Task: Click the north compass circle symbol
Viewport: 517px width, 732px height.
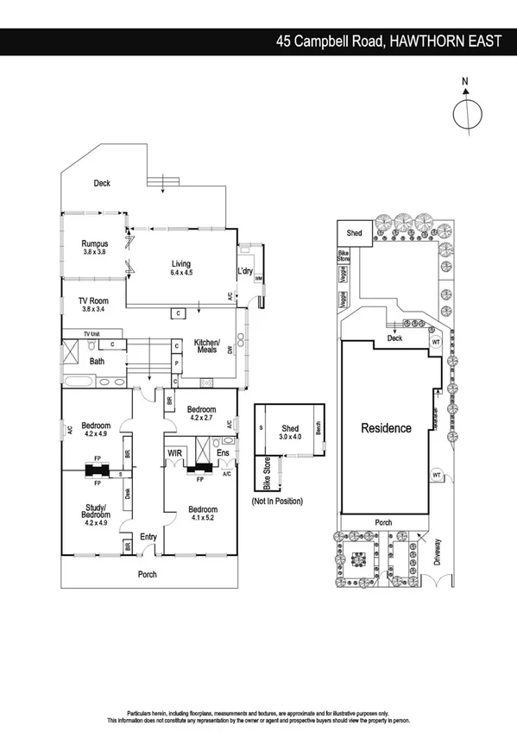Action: tap(465, 114)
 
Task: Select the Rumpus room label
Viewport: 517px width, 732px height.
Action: tap(94, 243)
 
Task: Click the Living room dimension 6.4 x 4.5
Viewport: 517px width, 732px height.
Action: tap(180, 273)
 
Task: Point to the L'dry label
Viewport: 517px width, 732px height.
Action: tap(245, 273)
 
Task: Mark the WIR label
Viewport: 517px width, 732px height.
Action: tap(174, 451)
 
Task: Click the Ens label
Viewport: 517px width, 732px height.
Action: tap(223, 451)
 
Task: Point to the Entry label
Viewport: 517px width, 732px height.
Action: tap(148, 537)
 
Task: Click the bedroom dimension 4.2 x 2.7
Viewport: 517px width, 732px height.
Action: tap(200, 417)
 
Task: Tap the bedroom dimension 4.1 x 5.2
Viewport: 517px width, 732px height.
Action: tap(203, 520)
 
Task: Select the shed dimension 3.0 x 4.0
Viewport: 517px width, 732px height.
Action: tap(291, 437)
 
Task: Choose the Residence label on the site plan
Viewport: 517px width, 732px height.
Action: tap(386, 427)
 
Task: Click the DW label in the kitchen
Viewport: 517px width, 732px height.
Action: tap(230, 350)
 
